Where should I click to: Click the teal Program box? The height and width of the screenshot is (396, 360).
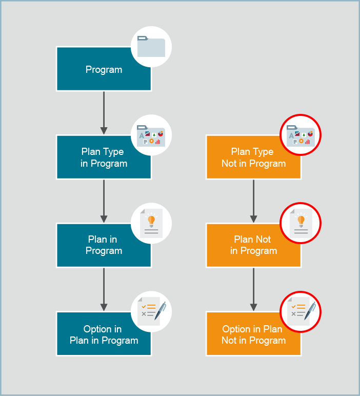tap(97, 77)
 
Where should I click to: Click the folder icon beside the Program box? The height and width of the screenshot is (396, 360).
tap(151, 47)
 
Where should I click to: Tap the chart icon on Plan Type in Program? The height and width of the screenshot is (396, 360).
tap(151, 135)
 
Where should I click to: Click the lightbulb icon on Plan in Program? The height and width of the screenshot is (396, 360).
tap(151, 223)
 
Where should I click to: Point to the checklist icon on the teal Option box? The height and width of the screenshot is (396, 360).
tap(151, 311)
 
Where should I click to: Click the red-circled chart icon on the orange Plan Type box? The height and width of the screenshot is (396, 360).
tap(301, 135)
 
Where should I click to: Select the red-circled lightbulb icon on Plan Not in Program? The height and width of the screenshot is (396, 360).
tap(301, 223)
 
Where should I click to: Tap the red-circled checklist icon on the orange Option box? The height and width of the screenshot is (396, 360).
tap(301, 311)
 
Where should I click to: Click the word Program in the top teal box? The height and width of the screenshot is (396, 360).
tap(104, 70)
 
